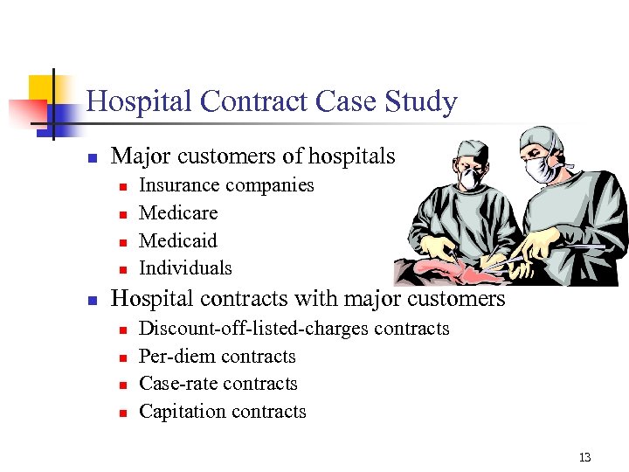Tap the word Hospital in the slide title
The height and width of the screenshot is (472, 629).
[x=140, y=103]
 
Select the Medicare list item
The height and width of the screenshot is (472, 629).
[x=178, y=212]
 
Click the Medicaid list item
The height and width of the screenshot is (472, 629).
[x=178, y=240]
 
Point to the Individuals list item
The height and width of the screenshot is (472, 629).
[x=185, y=268]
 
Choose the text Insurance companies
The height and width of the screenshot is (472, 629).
[x=226, y=185]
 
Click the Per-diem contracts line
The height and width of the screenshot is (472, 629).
[x=218, y=357]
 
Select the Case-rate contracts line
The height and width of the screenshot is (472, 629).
[x=218, y=384]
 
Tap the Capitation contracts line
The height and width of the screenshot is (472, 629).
[x=223, y=412]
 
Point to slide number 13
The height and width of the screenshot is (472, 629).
[x=584, y=457]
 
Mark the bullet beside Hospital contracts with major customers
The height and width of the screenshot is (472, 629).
[x=90, y=301]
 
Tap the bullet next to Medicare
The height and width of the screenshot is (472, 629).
[x=123, y=214]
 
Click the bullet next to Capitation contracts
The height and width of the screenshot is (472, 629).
[x=123, y=413]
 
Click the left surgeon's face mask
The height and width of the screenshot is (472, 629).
[x=472, y=179]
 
